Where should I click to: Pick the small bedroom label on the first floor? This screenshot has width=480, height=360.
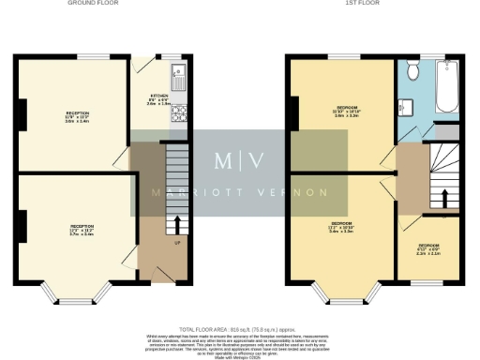(428, 248)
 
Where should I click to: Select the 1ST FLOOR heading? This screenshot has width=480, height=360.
(371, 4)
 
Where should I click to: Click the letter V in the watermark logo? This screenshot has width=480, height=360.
(258, 159)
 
